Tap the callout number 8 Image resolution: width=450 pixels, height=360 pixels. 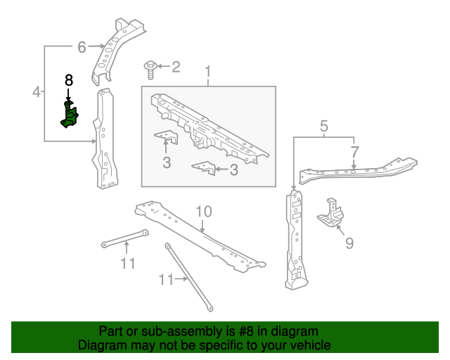(x=69, y=80)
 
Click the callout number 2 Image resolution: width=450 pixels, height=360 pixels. (x=176, y=67)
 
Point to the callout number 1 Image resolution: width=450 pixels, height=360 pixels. (x=208, y=72)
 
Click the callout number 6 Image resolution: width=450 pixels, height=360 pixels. (x=82, y=47)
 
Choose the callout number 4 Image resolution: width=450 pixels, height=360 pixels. (x=36, y=91)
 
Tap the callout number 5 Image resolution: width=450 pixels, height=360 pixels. (x=323, y=126)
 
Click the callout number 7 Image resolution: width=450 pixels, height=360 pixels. (x=354, y=151)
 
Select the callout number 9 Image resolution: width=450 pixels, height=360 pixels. (x=349, y=244)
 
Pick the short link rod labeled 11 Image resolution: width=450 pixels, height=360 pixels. (x=124, y=238)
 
